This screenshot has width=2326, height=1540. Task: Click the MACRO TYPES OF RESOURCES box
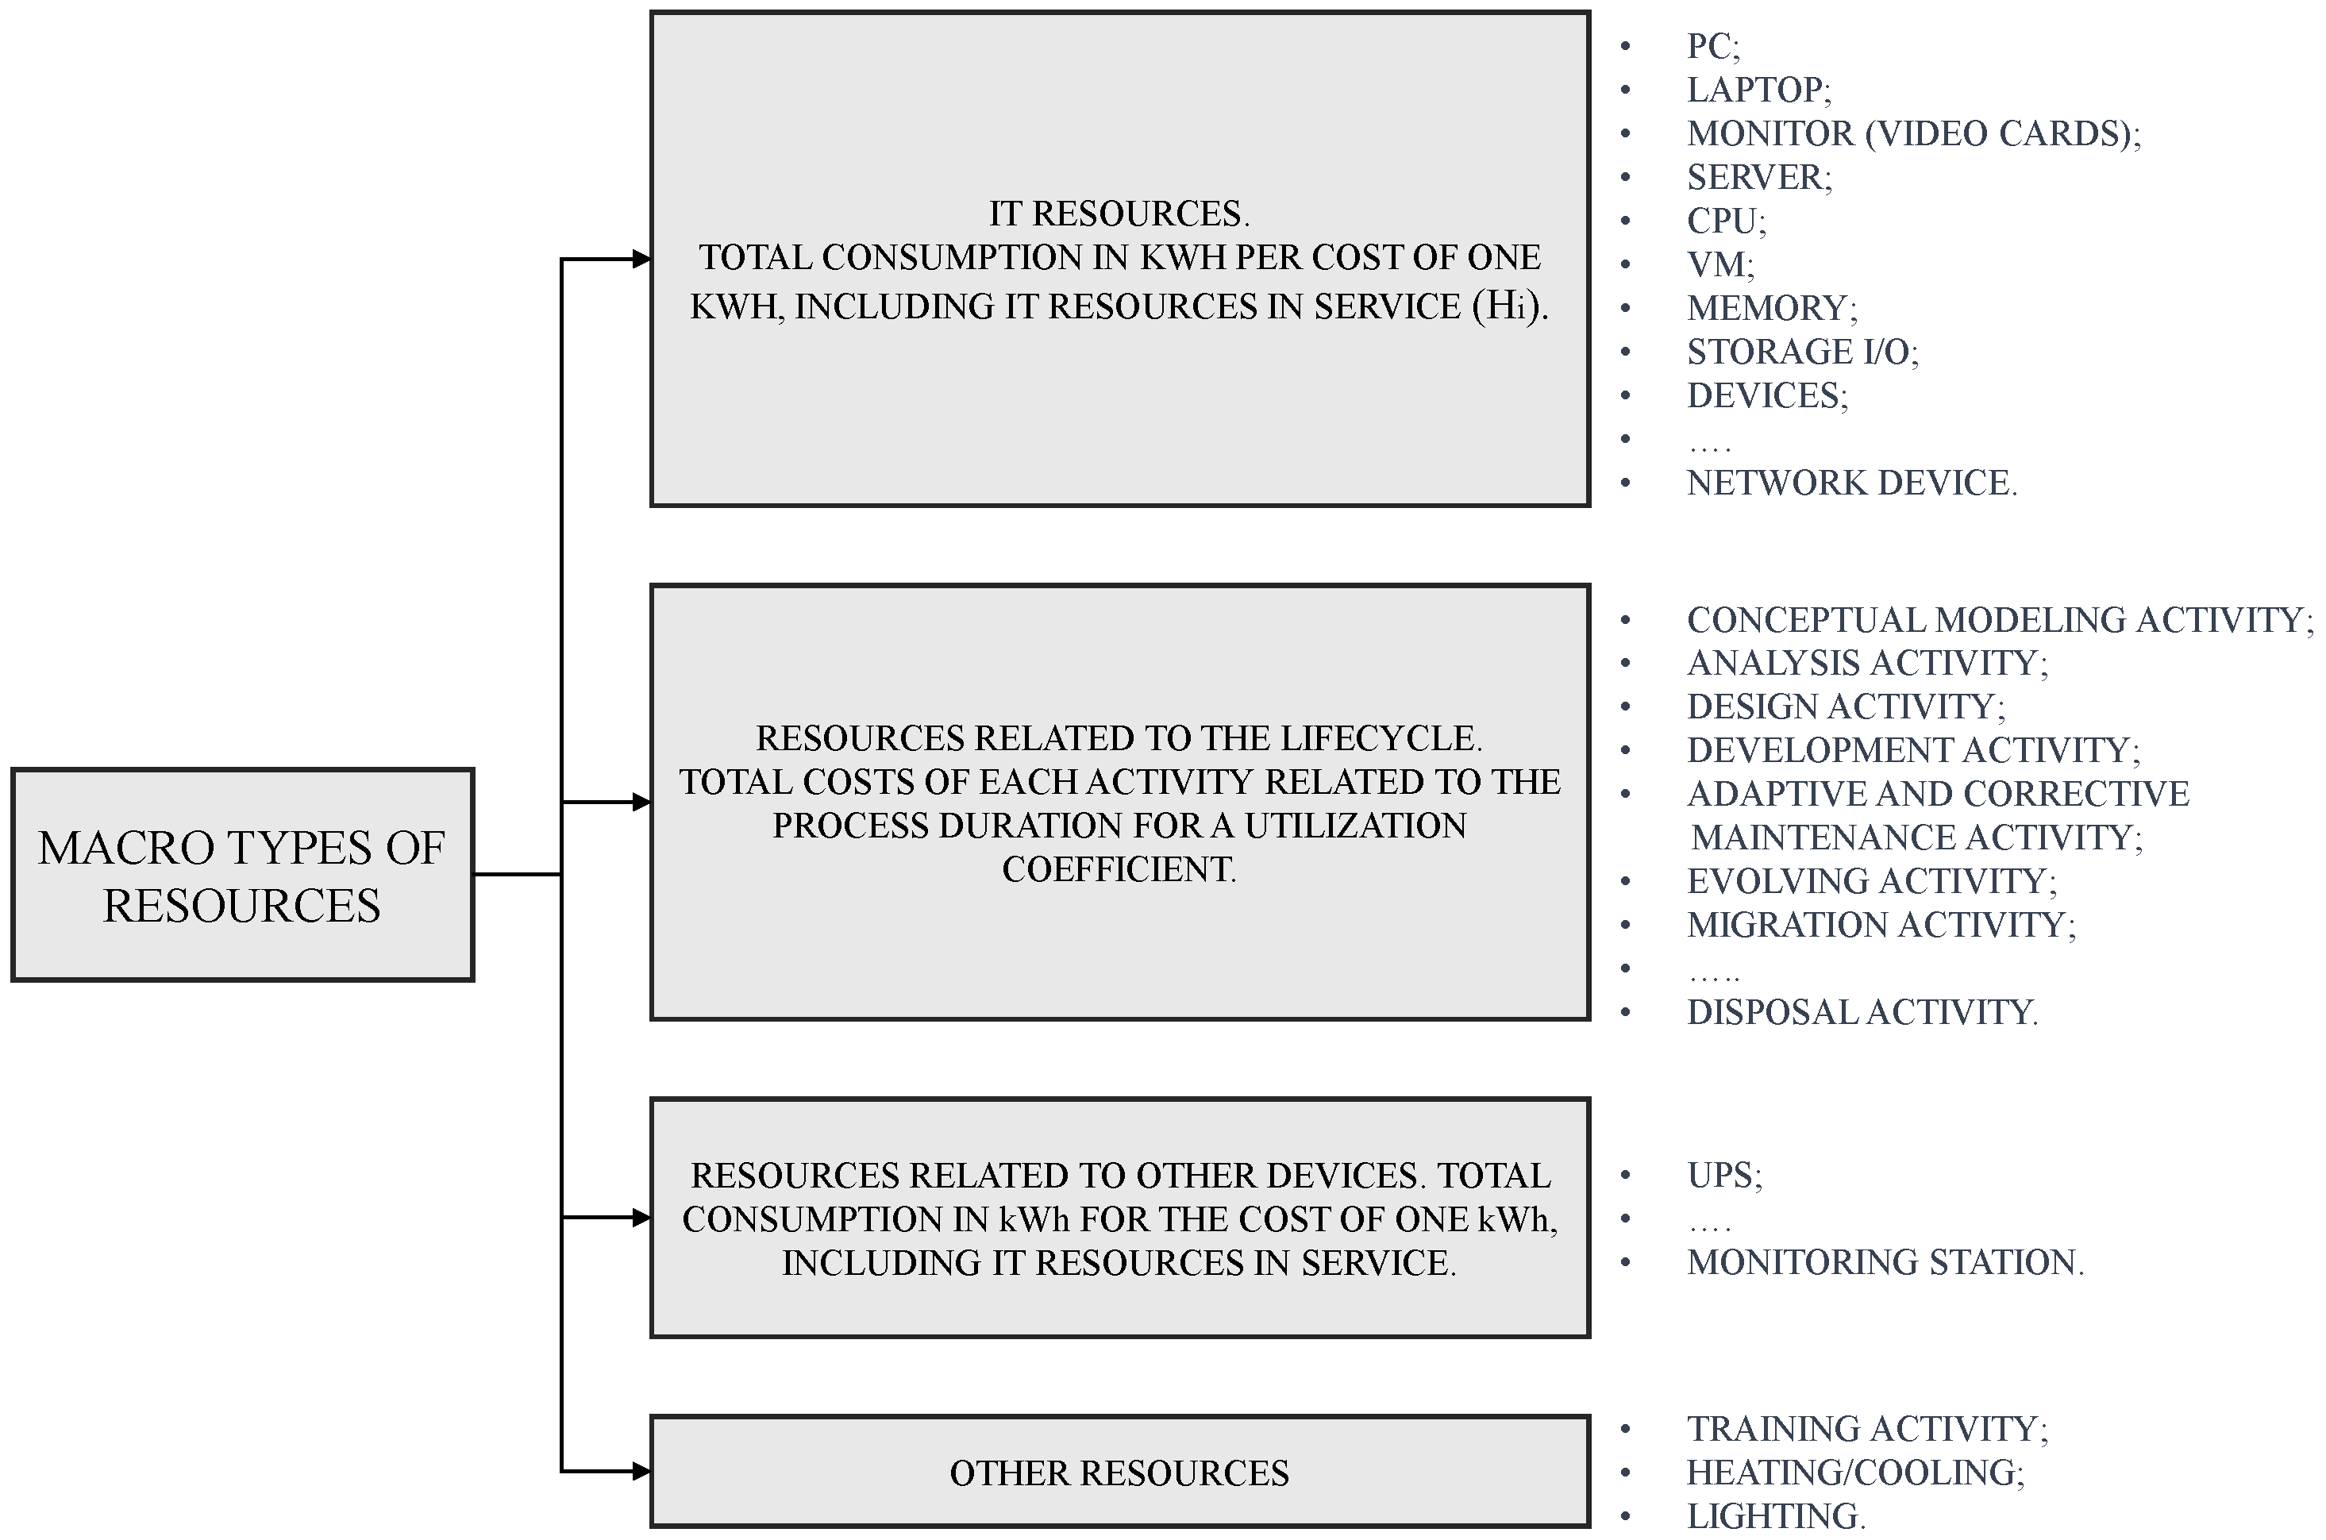tap(243, 874)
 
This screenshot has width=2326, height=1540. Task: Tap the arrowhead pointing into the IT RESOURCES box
tap(641, 260)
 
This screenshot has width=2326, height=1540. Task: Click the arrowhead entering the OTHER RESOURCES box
tap(641, 1470)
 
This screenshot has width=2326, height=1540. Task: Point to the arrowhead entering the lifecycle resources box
tap(641, 803)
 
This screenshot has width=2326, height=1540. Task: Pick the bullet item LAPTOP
tap(1758, 90)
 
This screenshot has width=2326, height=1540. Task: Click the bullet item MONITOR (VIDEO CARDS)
tap(1912, 133)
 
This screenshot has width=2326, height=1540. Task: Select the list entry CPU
tap(1726, 221)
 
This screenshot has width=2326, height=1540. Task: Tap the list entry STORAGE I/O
tap(1801, 352)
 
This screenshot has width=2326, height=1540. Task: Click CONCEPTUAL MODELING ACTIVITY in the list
tap(1999, 620)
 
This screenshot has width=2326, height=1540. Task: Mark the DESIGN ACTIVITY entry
tap(1845, 707)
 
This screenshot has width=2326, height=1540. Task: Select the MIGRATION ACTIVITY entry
tap(1880, 925)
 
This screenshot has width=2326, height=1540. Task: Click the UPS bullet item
tap(1724, 1175)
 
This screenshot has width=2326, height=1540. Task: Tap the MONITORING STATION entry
tap(1884, 1262)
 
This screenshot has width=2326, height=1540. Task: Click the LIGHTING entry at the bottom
tap(1775, 1515)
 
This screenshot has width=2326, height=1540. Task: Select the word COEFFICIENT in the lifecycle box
tap(1119, 869)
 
